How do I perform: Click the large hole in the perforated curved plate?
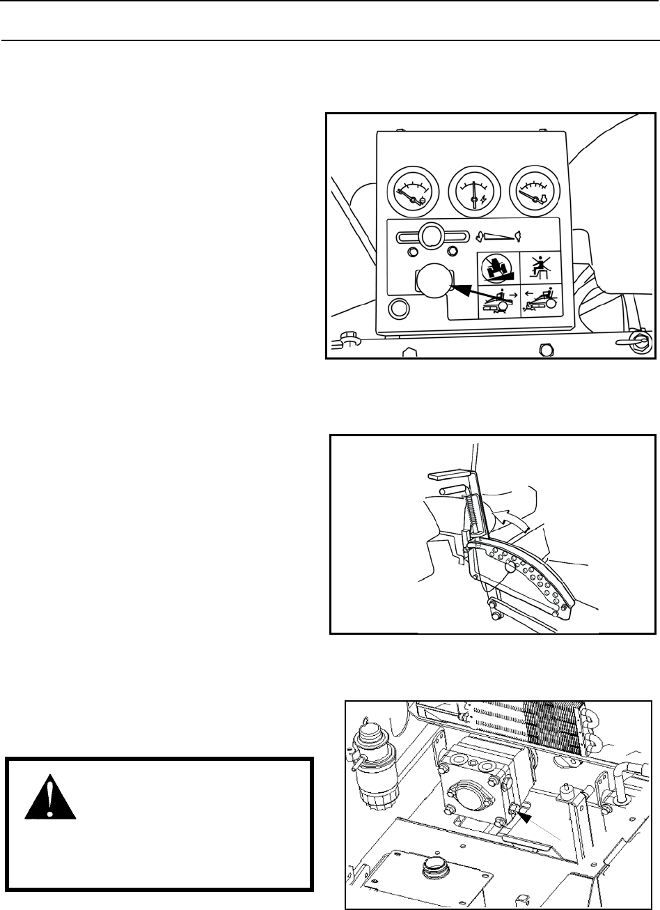510,566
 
